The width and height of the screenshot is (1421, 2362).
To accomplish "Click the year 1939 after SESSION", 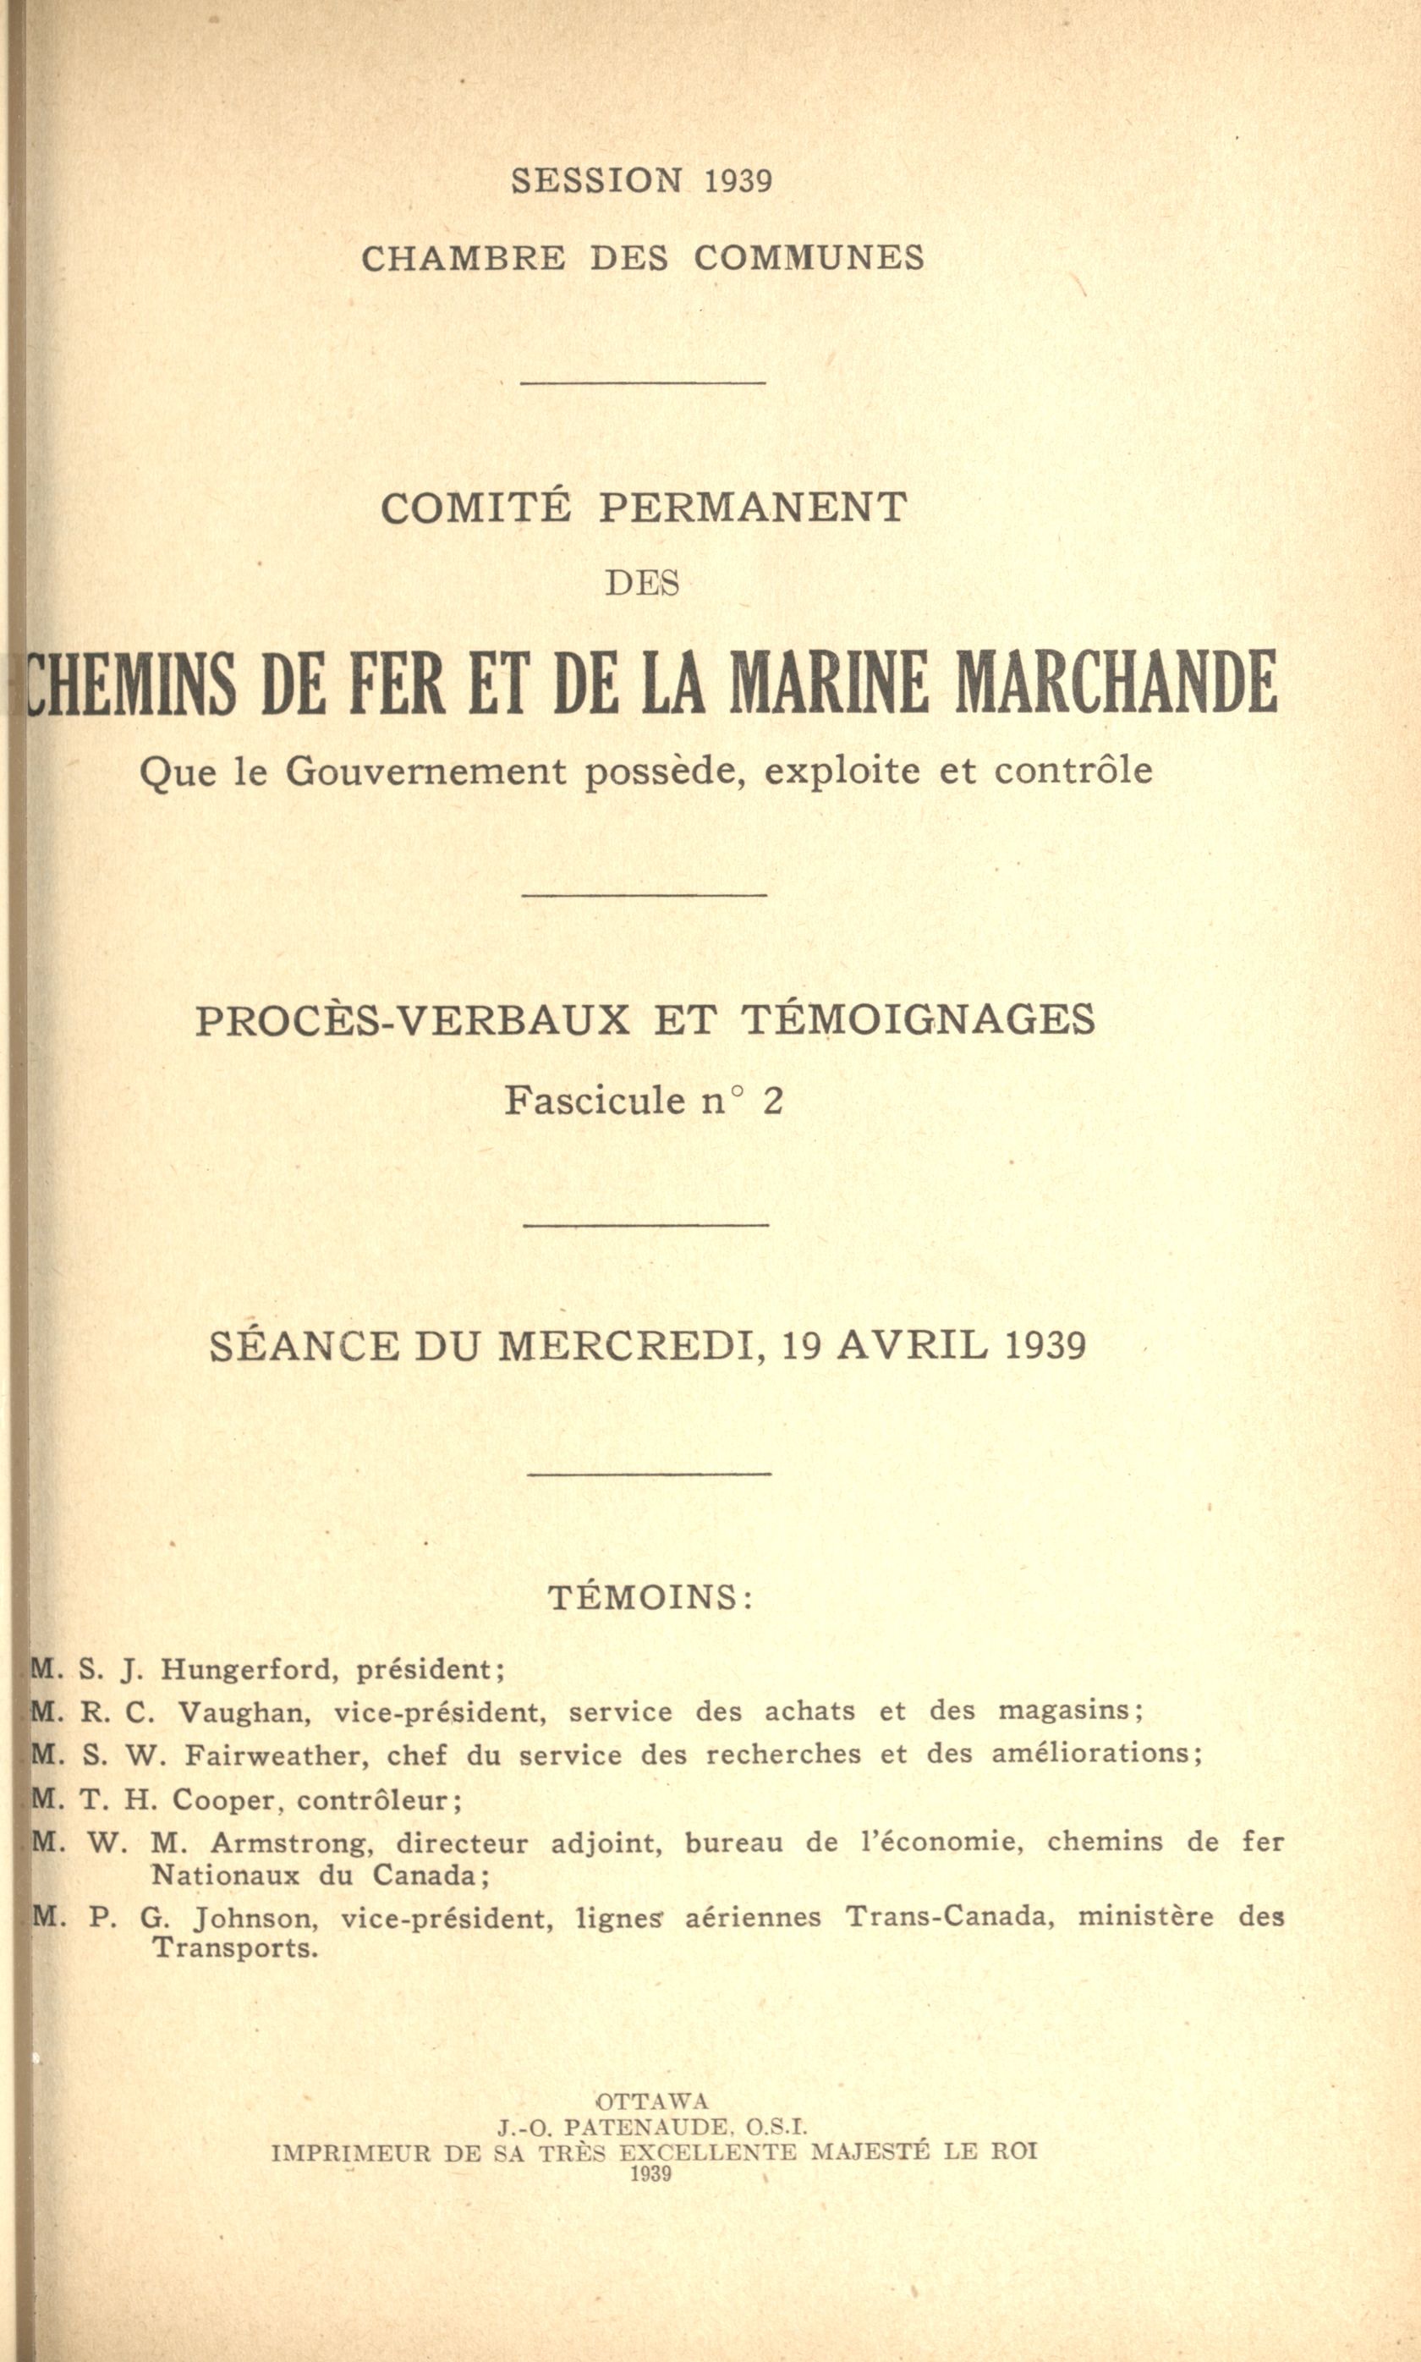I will [x=738, y=181].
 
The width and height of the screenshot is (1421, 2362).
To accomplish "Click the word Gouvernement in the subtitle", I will [x=426, y=771].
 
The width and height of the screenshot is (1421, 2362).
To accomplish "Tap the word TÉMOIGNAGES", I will [x=919, y=1019].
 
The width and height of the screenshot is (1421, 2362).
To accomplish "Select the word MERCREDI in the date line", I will [x=631, y=1346].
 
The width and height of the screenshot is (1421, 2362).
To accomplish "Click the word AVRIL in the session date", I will [x=913, y=1345].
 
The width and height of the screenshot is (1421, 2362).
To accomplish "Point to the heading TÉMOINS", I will [x=650, y=1597].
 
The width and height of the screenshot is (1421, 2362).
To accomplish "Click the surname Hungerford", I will [x=246, y=1671].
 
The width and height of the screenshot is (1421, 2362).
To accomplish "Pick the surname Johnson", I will [x=254, y=1918].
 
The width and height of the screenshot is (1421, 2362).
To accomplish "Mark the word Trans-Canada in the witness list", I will [x=949, y=1917].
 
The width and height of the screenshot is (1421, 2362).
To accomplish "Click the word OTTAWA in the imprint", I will [x=652, y=2101].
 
